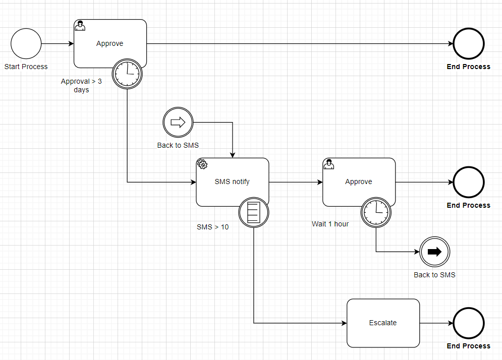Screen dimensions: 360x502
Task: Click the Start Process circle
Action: [x=26, y=44]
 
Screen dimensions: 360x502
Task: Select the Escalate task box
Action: [x=383, y=323]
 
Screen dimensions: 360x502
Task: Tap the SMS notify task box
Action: [x=232, y=182]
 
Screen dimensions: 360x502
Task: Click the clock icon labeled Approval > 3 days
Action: [x=127, y=74]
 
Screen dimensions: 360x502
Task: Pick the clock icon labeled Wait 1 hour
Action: [x=376, y=212]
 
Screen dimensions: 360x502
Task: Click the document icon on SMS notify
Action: [x=253, y=212]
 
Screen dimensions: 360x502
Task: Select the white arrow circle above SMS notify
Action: [x=178, y=122]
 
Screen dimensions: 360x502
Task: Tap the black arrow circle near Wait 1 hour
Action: [x=434, y=252]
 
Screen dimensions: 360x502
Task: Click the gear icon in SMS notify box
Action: [x=202, y=164]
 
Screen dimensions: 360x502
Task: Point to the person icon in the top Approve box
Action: [x=80, y=26]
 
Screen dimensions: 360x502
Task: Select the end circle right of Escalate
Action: [x=468, y=323]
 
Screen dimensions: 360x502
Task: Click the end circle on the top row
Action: [x=468, y=44]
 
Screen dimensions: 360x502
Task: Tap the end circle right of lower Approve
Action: [x=468, y=182]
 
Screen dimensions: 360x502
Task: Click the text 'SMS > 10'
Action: [x=212, y=227]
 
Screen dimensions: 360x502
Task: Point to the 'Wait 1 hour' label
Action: [x=330, y=224]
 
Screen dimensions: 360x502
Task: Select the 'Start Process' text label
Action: [x=26, y=67]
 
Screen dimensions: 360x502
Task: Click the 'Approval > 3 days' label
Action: [x=81, y=85]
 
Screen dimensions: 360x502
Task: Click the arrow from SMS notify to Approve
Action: [x=295, y=182]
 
